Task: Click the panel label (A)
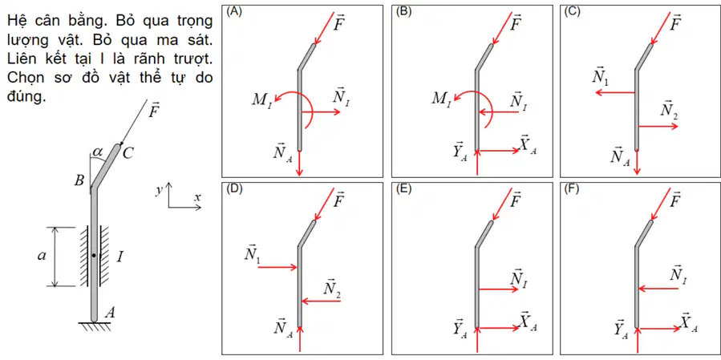point(233,12)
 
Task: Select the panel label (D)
point(233,189)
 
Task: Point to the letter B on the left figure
point(79,180)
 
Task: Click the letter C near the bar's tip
point(128,154)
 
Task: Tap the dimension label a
point(42,257)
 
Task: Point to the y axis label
point(160,192)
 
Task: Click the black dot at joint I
point(94,255)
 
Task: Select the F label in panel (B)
point(516,22)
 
